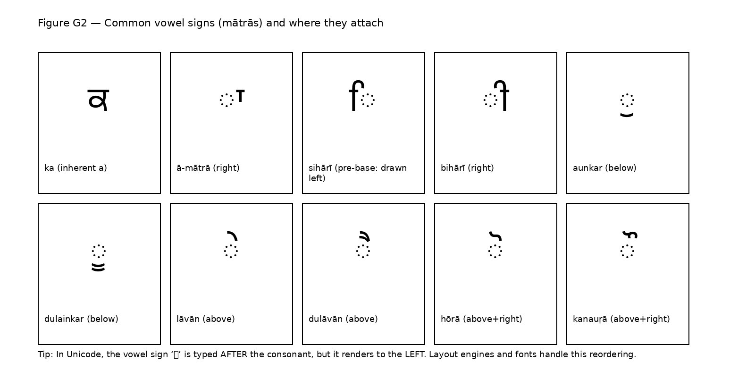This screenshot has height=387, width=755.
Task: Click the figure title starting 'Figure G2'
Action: (210, 23)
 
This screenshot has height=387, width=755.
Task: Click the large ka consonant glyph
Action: (99, 100)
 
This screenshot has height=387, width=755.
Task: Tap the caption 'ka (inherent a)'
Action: (75, 168)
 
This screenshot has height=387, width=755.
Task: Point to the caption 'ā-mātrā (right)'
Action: (208, 168)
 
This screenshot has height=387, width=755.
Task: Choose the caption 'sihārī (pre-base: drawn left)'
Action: (357, 173)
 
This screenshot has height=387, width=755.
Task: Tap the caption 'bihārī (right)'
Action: (467, 168)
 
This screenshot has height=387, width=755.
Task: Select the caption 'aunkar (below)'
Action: (604, 168)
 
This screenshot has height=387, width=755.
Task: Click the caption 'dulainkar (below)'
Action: (81, 319)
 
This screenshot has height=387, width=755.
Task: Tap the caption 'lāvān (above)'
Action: (206, 319)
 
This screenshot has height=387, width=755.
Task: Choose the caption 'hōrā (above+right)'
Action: (481, 319)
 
